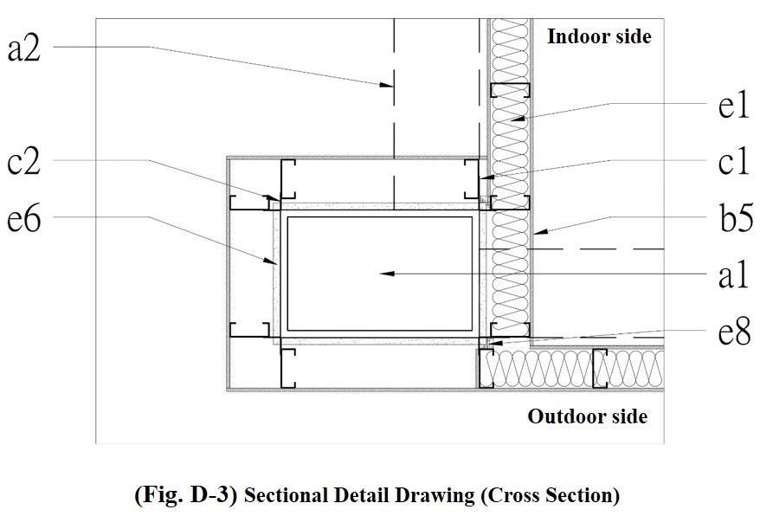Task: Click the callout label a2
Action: click(x=23, y=48)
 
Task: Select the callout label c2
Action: click(x=23, y=162)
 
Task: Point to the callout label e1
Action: click(x=731, y=107)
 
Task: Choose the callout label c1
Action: click(x=733, y=162)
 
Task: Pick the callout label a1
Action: click(x=732, y=275)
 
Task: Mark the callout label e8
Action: click(x=732, y=332)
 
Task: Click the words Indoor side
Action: click(x=599, y=36)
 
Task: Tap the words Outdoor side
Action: click(x=588, y=416)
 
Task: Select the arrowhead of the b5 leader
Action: click(x=538, y=232)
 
